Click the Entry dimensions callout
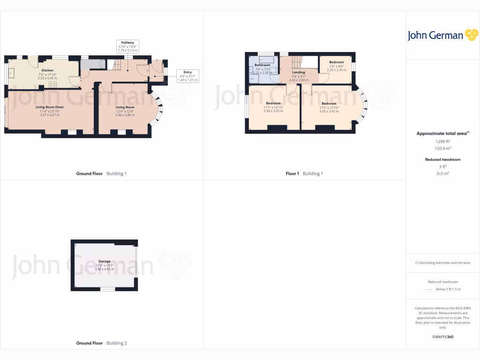[x=187, y=76]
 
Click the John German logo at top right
[x=442, y=35]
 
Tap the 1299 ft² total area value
[x=442, y=141]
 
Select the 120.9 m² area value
[x=442, y=148]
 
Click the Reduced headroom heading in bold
[x=442, y=159]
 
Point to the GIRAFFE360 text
[x=442, y=337]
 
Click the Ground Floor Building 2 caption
[x=101, y=343]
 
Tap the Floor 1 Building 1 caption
[x=304, y=173]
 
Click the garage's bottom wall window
[x=107, y=289]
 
